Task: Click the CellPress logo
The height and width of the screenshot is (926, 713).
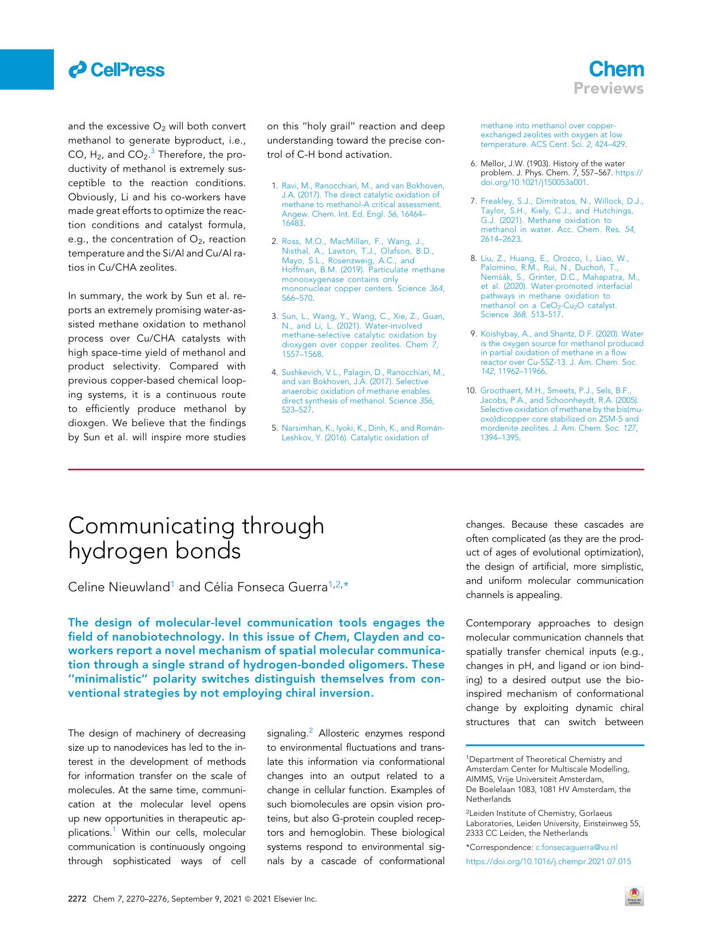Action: (116, 70)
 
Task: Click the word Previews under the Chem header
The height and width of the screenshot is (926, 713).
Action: (608, 89)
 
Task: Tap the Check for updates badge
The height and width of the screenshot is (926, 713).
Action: (633, 896)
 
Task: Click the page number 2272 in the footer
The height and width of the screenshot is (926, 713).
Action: (77, 899)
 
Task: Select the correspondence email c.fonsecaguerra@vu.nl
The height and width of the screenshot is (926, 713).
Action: (576, 847)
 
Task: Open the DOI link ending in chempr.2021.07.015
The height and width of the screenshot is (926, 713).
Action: (548, 861)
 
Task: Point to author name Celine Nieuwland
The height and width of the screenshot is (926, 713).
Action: (119, 587)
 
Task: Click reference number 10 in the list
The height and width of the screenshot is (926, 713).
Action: (470, 390)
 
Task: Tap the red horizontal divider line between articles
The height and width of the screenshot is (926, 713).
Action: (356, 469)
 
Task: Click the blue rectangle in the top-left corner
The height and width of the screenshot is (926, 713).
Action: (27, 69)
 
